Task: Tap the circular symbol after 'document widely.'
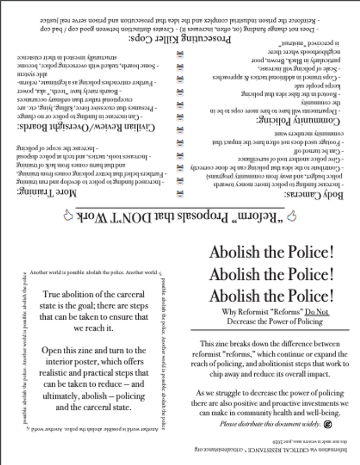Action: (x=328, y=424)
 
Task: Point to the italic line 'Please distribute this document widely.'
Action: (x=270, y=424)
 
